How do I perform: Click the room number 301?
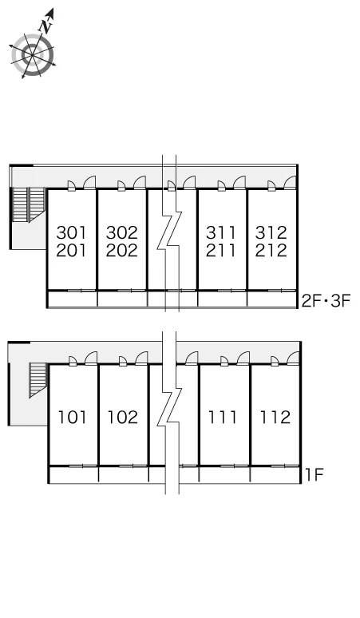[x=71, y=232]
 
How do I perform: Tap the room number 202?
[x=121, y=250]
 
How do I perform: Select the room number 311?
[x=220, y=232]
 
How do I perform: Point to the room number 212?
[x=271, y=250]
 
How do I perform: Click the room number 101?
[x=72, y=417]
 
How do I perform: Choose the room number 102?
[x=123, y=417]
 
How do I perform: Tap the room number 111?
[x=223, y=417]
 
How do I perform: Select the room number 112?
[x=275, y=417]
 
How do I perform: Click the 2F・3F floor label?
[x=326, y=302]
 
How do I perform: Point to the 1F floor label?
[x=315, y=475]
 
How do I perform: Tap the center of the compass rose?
[x=32, y=55]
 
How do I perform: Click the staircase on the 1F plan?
[x=38, y=380]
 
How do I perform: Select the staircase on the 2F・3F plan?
[x=29, y=204]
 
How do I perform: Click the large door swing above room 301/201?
[x=90, y=182]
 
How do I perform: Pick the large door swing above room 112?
[x=293, y=359]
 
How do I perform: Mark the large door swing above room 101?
[x=91, y=359]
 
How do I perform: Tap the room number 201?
[x=71, y=250]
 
